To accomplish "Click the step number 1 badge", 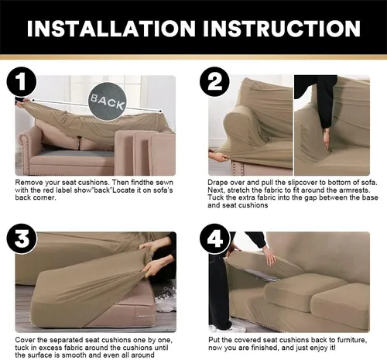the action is click(22, 82).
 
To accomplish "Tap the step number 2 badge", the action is click(214, 82).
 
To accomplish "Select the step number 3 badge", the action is click(22, 238).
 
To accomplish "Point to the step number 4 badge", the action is click(214, 238).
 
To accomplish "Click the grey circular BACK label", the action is click(107, 101).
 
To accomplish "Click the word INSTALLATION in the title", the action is click(111, 28).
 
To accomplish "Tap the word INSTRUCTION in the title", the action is click(282, 28).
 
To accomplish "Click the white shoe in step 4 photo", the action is click(228, 328).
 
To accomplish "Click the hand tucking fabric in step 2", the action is click(327, 139).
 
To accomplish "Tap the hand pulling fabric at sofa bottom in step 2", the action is click(218, 156).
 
